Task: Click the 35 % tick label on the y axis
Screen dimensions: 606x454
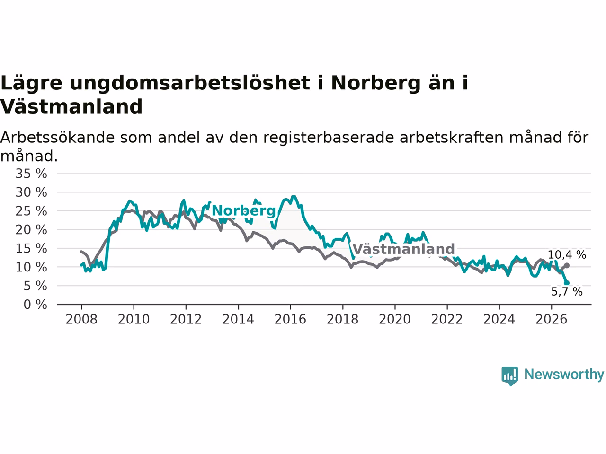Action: coord(31,174)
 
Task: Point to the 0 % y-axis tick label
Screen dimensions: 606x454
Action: coord(36,305)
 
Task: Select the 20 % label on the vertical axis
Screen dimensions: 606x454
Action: coord(31,230)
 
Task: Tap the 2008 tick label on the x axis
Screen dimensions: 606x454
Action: coord(81,320)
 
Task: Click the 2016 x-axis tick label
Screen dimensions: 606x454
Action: coord(290,320)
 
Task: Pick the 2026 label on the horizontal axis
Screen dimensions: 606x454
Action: coord(552,320)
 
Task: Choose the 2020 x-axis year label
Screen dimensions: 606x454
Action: coord(395,320)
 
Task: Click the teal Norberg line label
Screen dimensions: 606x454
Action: coord(244,211)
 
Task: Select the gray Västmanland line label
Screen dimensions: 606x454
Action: coord(404,249)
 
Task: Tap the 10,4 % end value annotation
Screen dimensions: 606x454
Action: coord(567,255)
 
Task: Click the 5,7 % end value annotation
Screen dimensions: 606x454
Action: coord(567,292)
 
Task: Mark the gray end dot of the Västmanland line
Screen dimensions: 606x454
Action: coord(567,265)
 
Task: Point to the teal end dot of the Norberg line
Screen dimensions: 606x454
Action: coord(567,283)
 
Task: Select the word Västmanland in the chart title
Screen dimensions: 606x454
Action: coord(71,106)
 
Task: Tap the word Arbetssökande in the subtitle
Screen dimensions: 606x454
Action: coord(57,137)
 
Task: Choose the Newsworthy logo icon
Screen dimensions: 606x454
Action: coord(509,376)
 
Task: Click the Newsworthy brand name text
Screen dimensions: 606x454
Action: coord(564,375)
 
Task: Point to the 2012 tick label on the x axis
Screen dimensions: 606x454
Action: coord(186,320)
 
